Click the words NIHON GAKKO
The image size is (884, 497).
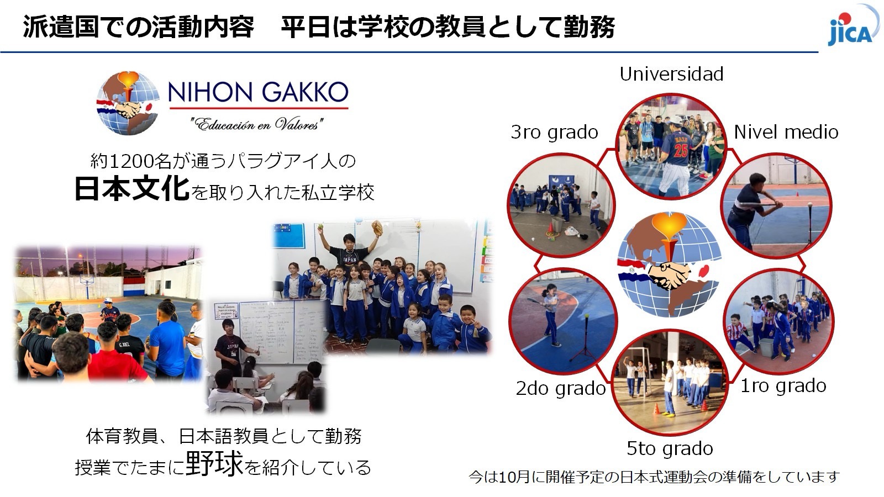258,92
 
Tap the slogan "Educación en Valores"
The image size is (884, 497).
257,124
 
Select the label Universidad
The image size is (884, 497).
671,74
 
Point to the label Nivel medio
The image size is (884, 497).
786,132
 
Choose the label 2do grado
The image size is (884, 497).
560,389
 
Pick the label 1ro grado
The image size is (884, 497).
783,386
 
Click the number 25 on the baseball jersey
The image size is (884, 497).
681,151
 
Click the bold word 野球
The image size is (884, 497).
214,463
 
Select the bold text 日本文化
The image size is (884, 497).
132,188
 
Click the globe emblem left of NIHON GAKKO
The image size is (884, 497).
128,103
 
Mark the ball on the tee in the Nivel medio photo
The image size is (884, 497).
810,205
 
